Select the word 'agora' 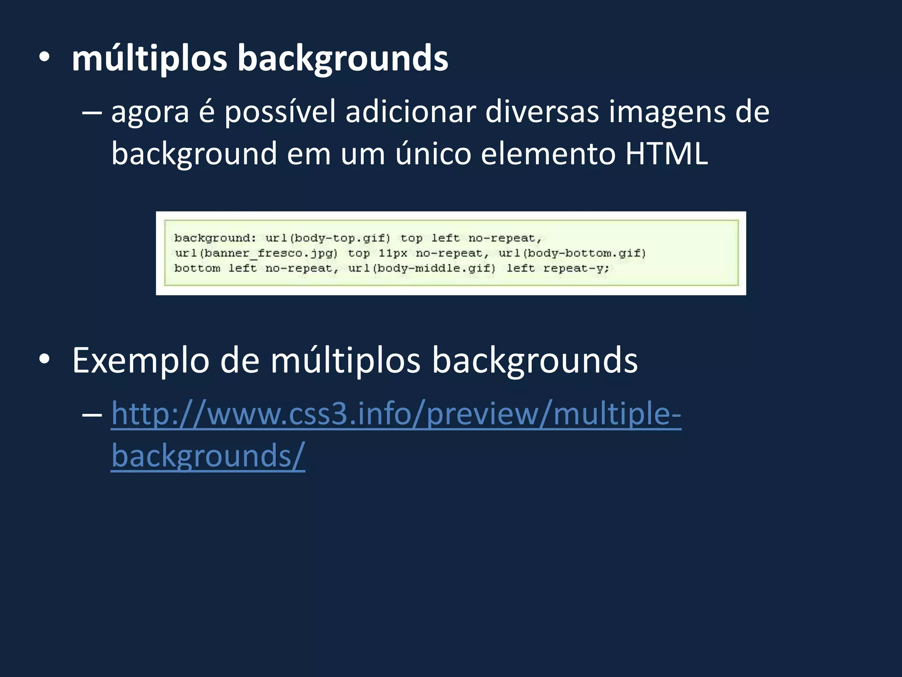click(x=150, y=112)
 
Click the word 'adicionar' click(x=410, y=112)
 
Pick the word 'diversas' click(x=542, y=112)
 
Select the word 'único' click(x=433, y=154)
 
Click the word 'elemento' click(x=548, y=154)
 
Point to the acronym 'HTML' click(x=666, y=154)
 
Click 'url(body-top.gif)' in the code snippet click(x=328, y=238)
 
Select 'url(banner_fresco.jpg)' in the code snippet click(x=256, y=253)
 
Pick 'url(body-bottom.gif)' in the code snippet click(x=572, y=253)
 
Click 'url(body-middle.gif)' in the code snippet click(x=422, y=268)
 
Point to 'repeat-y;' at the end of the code click(x=576, y=268)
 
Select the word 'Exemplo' click(x=140, y=361)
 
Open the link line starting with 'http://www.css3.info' click(x=396, y=414)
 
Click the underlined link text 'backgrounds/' click(x=208, y=456)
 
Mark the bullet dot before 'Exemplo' click(x=44, y=359)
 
